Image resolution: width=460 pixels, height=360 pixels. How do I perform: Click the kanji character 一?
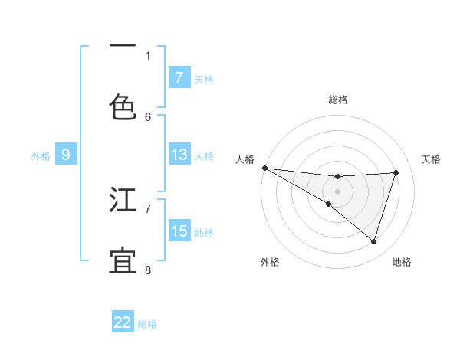click(x=123, y=47)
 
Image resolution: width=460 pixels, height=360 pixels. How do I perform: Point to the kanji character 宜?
click(x=123, y=260)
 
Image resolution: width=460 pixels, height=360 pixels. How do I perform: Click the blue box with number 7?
click(x=179, y=77)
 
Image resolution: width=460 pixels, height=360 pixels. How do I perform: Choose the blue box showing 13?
click(x=179, y=155)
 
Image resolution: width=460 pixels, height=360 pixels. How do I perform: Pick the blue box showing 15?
click(x=179, y=231)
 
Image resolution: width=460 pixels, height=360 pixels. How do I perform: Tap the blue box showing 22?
click(x=123, y=322)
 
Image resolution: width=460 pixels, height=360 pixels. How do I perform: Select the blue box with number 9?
click(x=66, y=155)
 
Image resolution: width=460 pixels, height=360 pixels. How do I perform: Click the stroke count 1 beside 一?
click(x=148, y=55)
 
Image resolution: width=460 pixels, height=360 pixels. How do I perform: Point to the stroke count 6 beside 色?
click(x=148, y=116)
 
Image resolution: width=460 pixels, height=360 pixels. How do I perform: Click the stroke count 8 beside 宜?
click(x=148, y=270)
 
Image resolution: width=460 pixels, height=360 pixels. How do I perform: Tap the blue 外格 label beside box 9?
click(x=41, y=155)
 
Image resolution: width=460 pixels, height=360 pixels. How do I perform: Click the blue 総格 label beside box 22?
click(x=147, y=323)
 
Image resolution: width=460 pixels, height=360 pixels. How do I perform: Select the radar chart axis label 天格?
click(x=432, y=159)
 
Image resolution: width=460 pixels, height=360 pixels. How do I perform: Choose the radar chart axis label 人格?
click(x=245, y=159)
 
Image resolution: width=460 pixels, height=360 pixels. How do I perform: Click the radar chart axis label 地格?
click(x=402, y=262)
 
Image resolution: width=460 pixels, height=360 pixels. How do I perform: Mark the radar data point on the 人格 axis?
click(x=264, y=168)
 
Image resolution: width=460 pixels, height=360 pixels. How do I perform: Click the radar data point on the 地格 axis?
click(x=374, y=242)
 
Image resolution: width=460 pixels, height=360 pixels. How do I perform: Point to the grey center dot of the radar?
click(x=338, y=191)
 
